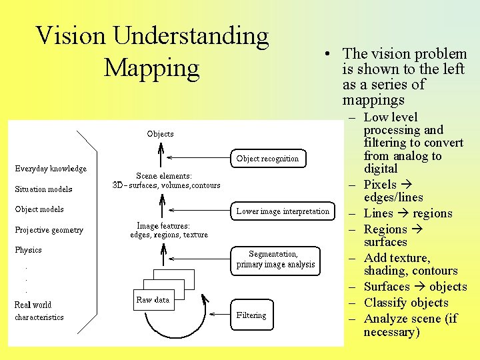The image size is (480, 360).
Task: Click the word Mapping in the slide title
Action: point(151,68)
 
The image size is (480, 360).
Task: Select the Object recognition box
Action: point(267,159)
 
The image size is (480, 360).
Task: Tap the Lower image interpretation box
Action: point(283,211)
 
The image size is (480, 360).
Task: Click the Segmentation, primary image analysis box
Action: point(275,259)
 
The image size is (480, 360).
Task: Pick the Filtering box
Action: point(251,315)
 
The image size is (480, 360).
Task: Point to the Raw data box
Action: point(153,300)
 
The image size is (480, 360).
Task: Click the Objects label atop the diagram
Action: point(160,134)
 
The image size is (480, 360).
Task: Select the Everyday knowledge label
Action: point(51,169)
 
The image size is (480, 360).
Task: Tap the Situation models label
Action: point(43,189)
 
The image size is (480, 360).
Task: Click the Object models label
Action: point(39,209)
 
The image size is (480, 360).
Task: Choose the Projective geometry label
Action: point(49,230)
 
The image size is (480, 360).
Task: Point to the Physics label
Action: point(28,250)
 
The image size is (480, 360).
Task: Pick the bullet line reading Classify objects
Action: point(405,303)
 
